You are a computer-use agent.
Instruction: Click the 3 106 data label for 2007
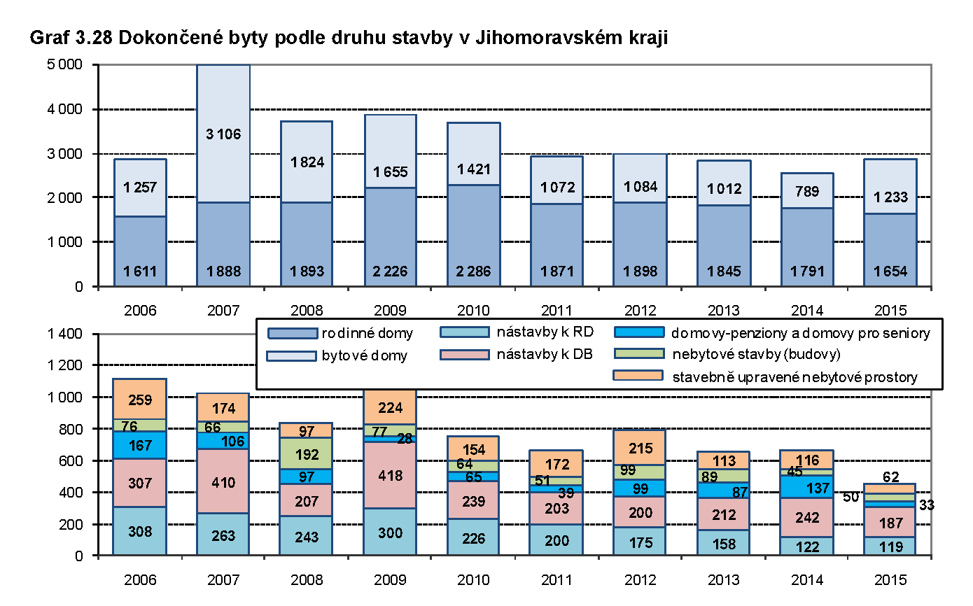223,134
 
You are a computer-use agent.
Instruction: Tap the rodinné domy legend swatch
290,332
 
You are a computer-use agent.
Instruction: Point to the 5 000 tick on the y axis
66,65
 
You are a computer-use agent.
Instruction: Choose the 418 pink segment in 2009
389,476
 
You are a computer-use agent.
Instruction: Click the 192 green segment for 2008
307,453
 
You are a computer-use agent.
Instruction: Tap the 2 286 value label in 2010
473,272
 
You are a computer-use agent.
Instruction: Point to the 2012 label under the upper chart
640,309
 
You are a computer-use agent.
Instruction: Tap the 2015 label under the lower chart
890,579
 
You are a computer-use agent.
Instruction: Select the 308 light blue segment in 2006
140,530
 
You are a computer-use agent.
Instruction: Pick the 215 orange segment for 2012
640,449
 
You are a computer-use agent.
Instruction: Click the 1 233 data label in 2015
890,198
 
